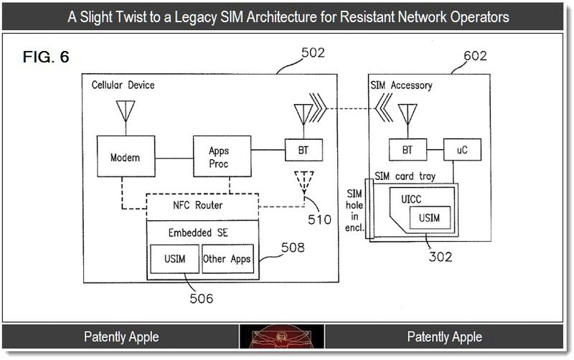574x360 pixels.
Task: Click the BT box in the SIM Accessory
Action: [x=407, y=151]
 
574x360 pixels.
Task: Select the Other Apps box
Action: [x=227, y=258]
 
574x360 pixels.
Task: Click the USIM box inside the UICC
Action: [x=430, y=218]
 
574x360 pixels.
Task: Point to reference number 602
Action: [x=474, y=56]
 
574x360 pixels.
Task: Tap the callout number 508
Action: [x=292, y=248]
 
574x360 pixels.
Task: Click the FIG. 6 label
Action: [x=47, y=58]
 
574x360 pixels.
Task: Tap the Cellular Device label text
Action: [x=123, y=85]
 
